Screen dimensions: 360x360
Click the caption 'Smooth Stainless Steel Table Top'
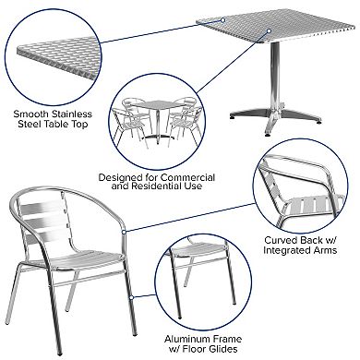pos(54,120)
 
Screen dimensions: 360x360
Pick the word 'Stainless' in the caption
pos(68,114)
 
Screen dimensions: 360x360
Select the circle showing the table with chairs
pos(156,120)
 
